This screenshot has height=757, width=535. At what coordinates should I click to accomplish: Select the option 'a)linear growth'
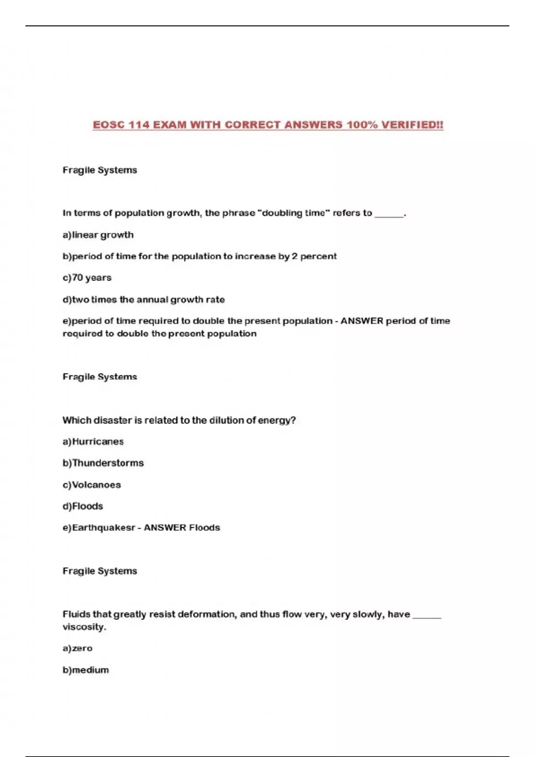(98, 235)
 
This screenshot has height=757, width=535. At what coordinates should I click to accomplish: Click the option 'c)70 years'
(87, 277)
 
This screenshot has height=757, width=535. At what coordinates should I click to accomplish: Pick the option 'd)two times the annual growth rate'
(144, 299)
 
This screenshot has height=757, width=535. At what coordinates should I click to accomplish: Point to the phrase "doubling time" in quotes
(293, 213)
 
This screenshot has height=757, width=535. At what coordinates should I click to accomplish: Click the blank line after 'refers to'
(389, 215)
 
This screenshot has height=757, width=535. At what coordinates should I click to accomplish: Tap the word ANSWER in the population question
(362, 321)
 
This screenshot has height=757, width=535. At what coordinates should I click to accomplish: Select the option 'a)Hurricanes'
(93, 441)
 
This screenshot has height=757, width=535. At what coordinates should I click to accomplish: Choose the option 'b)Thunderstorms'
(103, 463)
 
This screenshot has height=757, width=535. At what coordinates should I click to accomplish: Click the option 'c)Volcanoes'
(92, 484)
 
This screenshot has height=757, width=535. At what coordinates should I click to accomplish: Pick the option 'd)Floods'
(83, 506)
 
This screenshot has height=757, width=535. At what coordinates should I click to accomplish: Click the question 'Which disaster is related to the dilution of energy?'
(179, 420)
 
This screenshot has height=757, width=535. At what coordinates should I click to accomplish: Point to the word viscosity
(84, 627)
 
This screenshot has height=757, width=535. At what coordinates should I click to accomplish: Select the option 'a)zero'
(78, 648)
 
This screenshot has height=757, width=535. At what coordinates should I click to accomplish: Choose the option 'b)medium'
(86, 670)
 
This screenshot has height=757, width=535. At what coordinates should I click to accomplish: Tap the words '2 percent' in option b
(314, 256)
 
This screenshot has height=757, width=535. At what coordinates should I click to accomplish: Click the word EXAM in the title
(170, 125)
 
